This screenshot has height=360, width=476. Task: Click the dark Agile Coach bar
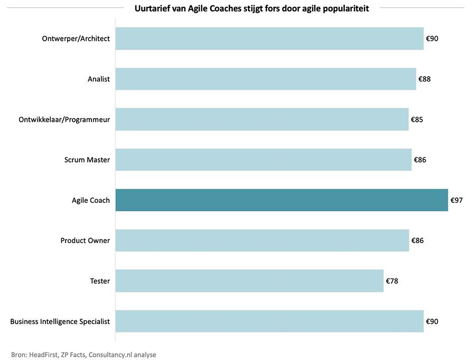pos(281,200)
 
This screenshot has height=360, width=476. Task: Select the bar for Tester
pos(249,281)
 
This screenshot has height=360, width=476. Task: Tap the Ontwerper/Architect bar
pos(269,39)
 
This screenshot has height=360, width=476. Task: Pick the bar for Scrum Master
pos(263,159)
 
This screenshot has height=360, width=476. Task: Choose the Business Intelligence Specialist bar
pos(269,321)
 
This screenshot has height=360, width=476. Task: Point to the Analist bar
pos(266,79)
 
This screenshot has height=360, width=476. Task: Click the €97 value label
pos(456,200)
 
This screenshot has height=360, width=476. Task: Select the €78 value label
pos(392,281)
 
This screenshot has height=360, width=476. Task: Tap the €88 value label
pos(425,79)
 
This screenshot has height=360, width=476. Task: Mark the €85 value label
pos(417,119)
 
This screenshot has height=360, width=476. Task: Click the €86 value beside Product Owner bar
pos(417,240)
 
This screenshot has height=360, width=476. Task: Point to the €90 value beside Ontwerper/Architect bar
pos(432,39)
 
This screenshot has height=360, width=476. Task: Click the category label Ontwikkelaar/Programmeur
pos(64,119)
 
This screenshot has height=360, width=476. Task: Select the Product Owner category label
pos(85,240)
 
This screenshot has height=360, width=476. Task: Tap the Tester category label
pos(100,281)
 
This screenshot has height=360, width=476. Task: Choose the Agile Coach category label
pos(91,200)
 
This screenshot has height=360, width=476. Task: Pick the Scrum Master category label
pos(87,159)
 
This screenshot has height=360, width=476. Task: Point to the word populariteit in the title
pos(349,8)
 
